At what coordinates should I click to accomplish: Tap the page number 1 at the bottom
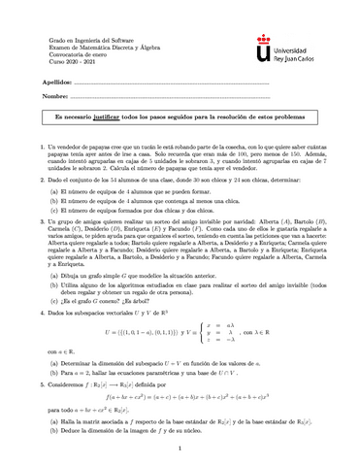pos(180,449)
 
